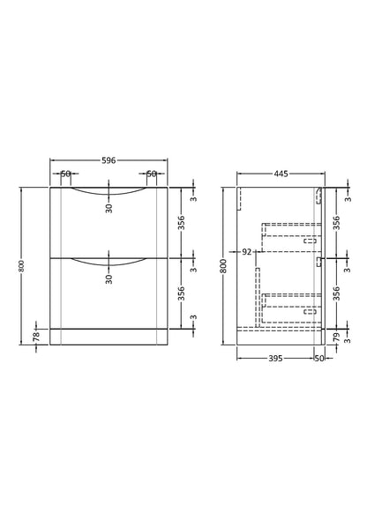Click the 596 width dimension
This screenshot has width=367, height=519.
click(109, 160)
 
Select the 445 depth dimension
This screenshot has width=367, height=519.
click(281, 174)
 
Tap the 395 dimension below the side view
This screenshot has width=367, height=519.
click(275, 358)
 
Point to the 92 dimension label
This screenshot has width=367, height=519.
click(247, 252)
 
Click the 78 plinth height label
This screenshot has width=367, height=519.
click(36, 337)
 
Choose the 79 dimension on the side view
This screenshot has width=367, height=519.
click(336, 337)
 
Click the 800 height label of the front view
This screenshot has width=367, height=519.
click(22, 266)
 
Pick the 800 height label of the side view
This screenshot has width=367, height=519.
click(224, 266)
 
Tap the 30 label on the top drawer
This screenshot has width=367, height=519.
click(109, 208)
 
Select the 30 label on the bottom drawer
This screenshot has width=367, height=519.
click(109, 279)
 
